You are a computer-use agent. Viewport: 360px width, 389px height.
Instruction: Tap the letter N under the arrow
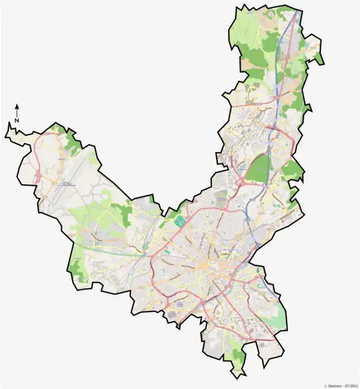pyautogui.click(x=17, y=120)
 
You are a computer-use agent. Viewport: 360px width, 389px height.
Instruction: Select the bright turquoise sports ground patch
pyautogui.click(x=178, y=220)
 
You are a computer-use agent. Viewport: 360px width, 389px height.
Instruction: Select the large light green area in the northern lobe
pyautogui.click(x=252, y=36)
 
